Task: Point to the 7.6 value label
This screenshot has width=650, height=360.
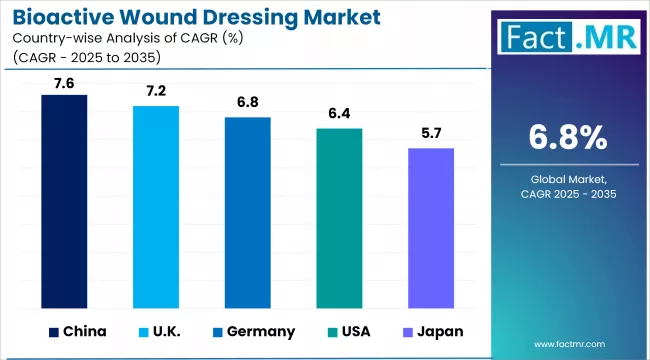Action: [63, 83]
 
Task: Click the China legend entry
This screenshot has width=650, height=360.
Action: [81, 331]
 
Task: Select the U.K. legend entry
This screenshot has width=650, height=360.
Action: [173, 331]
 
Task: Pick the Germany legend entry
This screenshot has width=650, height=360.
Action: [257, 331]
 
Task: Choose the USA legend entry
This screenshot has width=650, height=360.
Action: [356, 331]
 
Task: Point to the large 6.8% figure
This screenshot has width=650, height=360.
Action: [568, 137]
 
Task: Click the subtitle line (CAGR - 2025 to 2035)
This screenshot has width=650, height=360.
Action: [85, 55]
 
